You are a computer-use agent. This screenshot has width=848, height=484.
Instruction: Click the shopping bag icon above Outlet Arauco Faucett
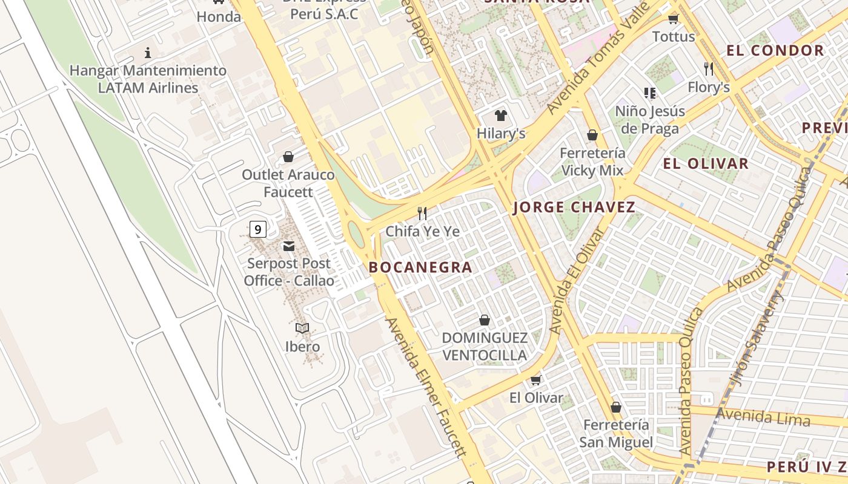[x=288, y=157]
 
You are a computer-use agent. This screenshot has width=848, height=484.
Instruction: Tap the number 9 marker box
[x=258, y=229]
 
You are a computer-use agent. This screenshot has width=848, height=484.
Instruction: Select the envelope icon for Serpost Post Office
[x=289, y=246]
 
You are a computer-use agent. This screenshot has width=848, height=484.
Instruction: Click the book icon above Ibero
[x=302, y=328]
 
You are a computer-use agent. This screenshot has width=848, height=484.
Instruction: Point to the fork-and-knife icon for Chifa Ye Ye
[x=422, y=213]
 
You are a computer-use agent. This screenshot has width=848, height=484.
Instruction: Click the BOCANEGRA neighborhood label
[x=420, y=267]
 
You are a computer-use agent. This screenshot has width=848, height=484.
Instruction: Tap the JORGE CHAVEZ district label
[x=574, y=208]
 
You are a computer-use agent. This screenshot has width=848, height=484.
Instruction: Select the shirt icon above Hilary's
[x=500, y=115]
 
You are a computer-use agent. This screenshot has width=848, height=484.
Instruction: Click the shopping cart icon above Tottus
[x=673, y=19]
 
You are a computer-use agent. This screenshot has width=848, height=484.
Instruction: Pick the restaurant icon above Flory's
[x=709, y=68]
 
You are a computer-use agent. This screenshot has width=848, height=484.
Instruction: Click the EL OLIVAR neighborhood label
[x=706, y=163]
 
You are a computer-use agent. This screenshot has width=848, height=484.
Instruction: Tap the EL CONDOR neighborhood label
[x=775, y=51]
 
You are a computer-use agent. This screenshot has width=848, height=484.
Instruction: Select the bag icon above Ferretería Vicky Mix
[x=592, y=135]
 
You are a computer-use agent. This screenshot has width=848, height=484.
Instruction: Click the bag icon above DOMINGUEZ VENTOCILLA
[x=485, y=320]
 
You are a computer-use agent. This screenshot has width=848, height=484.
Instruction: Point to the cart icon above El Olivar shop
[x=535, y=380]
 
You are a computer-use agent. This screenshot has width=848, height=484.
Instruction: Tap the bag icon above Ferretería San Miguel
[x=616, y=407]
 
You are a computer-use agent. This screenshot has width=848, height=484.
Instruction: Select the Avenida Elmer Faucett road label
[x=427, y=387]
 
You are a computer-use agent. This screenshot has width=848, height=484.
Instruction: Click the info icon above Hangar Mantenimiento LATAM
[x=148, y=53]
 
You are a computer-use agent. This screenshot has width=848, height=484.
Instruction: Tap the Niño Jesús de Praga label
[x=650, y=120]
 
